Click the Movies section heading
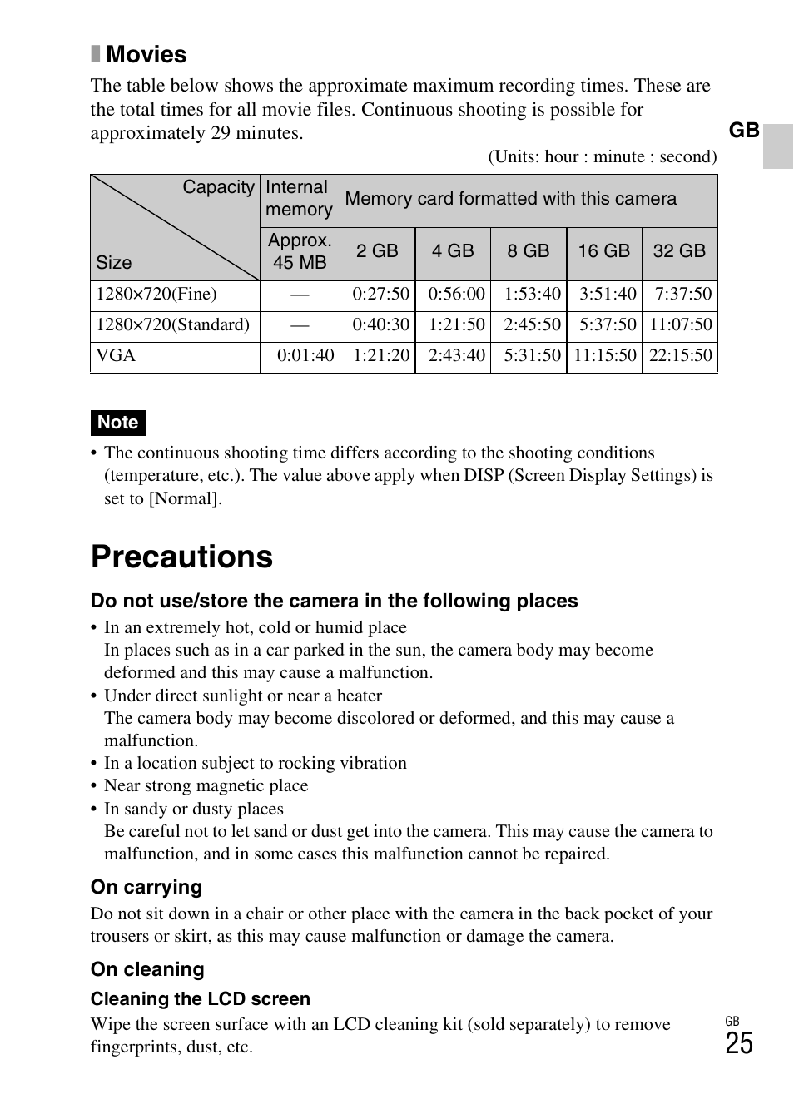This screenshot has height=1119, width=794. tap(146, 55)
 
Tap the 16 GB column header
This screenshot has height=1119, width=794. tap(603, 251)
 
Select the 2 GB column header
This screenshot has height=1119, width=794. tap(377, 251)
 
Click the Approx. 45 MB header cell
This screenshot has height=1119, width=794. tap(300, 251)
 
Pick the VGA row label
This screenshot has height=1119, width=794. tap(116, 356)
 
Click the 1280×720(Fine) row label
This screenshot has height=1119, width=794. tap(156, 295)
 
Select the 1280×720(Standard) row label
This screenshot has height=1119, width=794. tap(172, 325)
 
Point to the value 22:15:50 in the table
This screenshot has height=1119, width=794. tap(680, 356)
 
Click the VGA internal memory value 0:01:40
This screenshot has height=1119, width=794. tap(305, 356)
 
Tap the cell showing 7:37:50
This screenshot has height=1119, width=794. tap(682, 295)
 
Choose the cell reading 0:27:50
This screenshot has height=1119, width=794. tap(380, 295)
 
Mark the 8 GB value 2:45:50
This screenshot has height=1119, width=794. tap(532, 325)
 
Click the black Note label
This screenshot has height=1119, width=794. tap(118, 423)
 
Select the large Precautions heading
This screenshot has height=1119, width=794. tap(181, 557)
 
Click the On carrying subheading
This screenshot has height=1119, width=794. tap(146, 888)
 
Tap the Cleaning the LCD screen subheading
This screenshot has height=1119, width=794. tap(200, 999)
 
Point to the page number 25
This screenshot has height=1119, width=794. tap(738, 1044)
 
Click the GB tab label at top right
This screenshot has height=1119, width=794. tap(744, 131)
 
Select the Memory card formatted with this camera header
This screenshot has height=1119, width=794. tap(510, 199)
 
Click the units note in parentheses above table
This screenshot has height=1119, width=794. tap(602, 157)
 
